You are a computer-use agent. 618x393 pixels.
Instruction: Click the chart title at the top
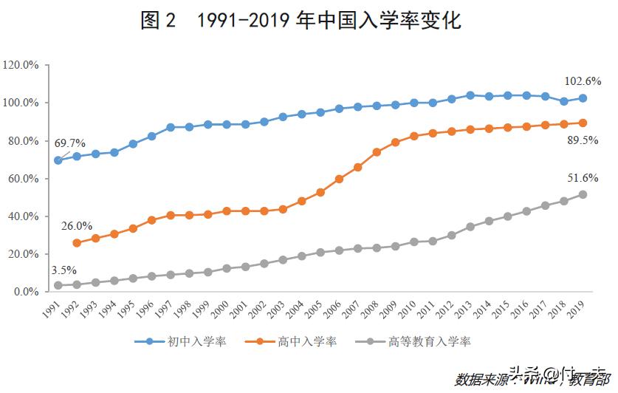click(x=301, y=20)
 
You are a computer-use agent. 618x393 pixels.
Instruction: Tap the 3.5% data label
click(x=63, y=270)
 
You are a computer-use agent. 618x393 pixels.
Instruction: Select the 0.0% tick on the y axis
click(x=26, y=292)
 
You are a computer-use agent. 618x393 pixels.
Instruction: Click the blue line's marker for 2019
click(x=583, y=98)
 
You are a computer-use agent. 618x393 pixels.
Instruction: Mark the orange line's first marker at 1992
click(x=77, y=242)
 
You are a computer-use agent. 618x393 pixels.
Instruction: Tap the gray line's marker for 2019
click(x=583, y=194)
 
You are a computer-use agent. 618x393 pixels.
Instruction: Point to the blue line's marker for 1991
click(x=58, y=160)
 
